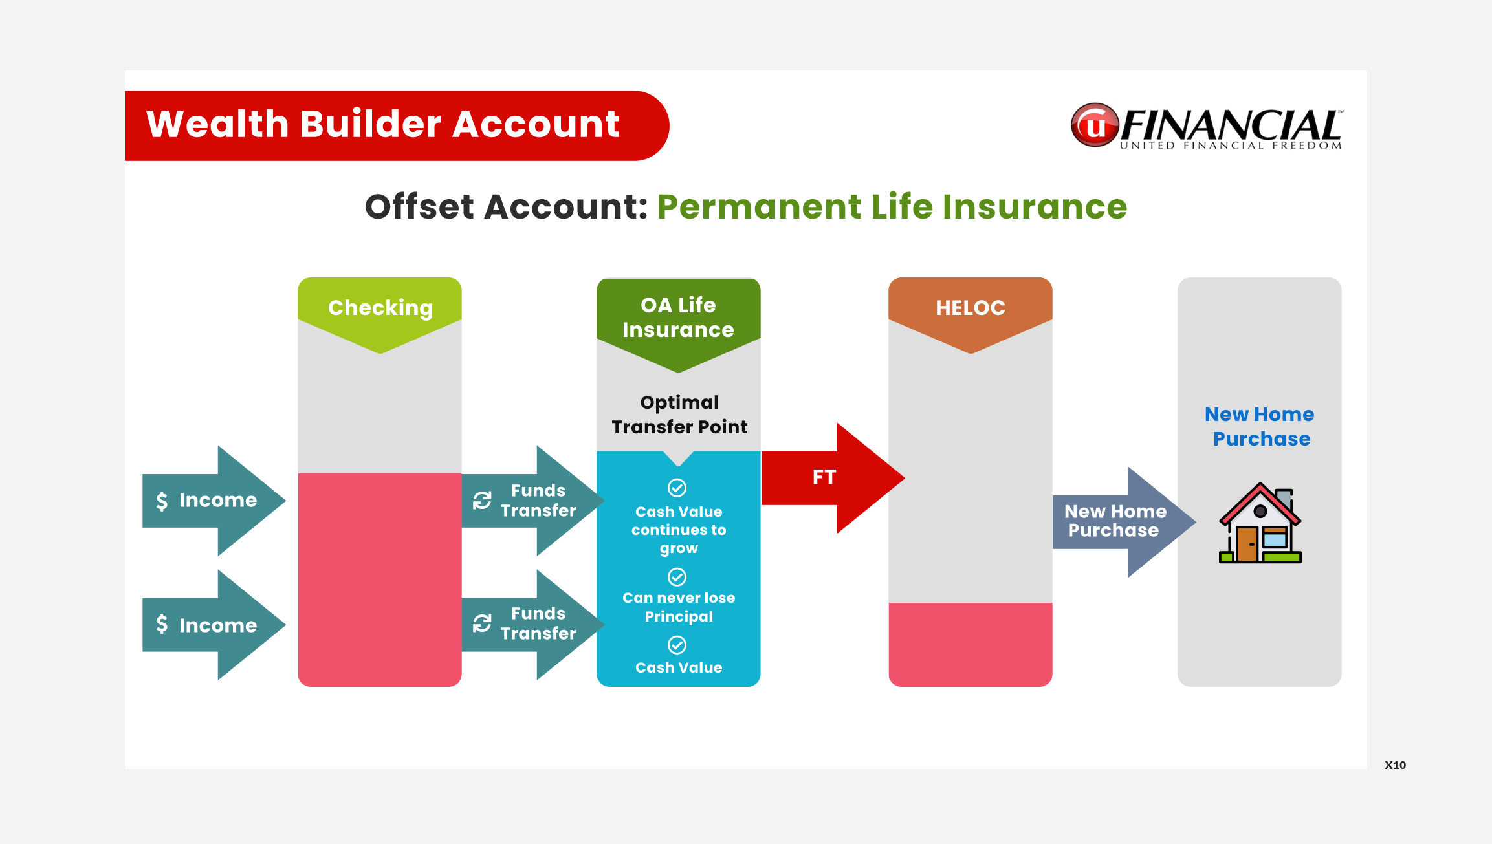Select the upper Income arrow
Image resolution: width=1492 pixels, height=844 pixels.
pos(214,501)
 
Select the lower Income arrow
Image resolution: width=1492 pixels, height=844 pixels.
pos(214,625)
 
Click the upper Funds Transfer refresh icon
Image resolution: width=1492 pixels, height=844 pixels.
pos(482,500)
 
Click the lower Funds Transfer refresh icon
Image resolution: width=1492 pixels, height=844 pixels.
pos(482,623)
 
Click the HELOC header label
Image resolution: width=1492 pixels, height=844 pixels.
pos(971,308)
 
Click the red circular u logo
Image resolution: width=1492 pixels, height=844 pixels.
pos(1095,125)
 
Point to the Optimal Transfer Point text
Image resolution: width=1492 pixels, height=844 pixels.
pos(679,415)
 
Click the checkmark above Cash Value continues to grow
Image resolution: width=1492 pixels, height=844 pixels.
pos(677,488)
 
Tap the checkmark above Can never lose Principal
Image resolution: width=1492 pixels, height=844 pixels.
pos(677,576)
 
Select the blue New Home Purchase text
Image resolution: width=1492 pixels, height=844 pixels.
pos(1260,426)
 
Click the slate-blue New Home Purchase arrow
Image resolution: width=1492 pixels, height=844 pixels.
pos(1124,522)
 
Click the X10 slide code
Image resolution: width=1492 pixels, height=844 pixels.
pos(1396,765)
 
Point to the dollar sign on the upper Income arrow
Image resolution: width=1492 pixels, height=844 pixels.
pos(162,501)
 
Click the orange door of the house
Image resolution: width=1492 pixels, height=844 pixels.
pos(1247,543)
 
